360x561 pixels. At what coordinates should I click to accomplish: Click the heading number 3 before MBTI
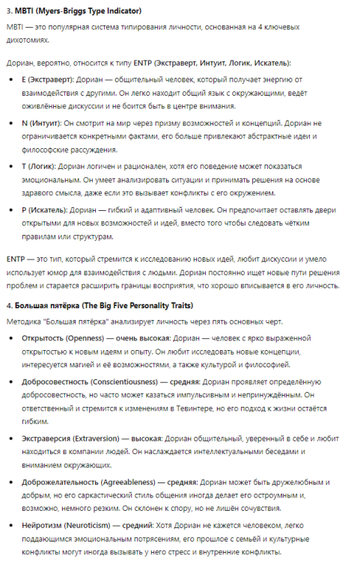click(8, 11)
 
